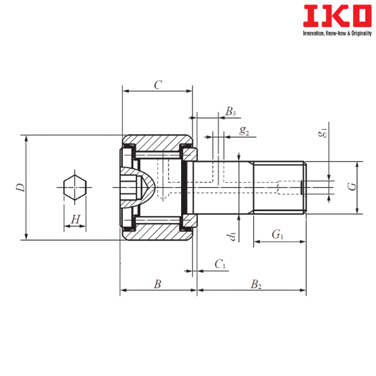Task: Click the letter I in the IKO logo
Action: click(x=308, y=16)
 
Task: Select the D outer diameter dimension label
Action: click(x=19, y=187)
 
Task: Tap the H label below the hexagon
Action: click(x=75, y=219)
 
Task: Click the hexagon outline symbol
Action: click(x=75, y=187)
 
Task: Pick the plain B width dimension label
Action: click(x=157, y=284)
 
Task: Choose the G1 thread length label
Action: click(x=276, y=234)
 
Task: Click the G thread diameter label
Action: click(x=351, y=187)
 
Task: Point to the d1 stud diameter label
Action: click(x=232, y=236)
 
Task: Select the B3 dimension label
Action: click(x=244, y=132)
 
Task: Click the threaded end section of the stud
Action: click(x=279, y=187)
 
